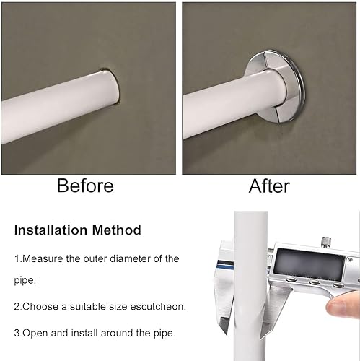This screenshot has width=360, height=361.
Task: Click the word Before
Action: pos(85,186)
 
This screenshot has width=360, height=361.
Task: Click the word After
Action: pos(269,186)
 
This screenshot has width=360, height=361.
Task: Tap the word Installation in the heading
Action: pos(51,230)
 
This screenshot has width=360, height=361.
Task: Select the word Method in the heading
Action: pos(117,230)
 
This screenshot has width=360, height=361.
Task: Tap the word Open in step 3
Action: pos(35,334)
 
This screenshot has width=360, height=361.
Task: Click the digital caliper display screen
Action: pos(309,264)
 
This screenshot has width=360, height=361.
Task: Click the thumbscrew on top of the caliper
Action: pos(326,241)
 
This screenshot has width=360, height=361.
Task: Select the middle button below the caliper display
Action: pos(314,282)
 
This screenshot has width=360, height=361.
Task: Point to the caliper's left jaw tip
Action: pos(226,333)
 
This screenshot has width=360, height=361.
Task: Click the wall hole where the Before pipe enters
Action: pos(113,87)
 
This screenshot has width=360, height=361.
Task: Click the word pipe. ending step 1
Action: pos(25,281)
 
